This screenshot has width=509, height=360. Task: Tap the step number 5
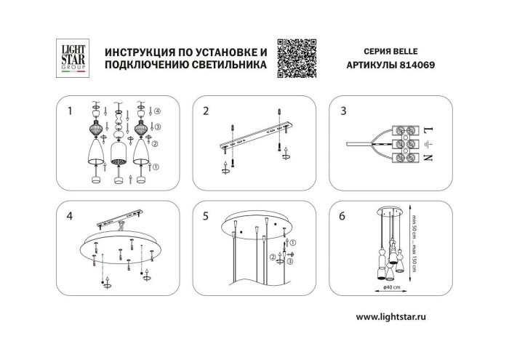pos(206,216)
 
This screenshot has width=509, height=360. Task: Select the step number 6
pos(342,216)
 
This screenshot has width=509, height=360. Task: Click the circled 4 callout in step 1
pos(157,111)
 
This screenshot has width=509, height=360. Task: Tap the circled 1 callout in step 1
pos(157,167)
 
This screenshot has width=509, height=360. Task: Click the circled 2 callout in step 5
pos(273,257)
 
